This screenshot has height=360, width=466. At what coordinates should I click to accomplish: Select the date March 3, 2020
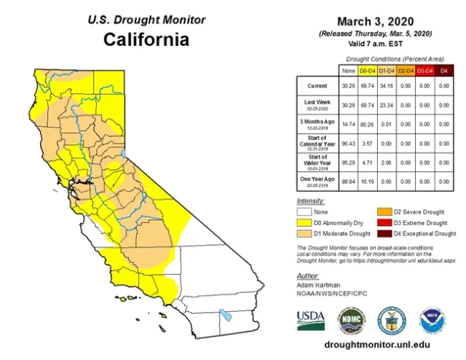(x=376, y=23)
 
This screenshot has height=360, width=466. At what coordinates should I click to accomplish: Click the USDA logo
(x=311, y=318)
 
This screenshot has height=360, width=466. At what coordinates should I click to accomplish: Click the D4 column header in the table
(x=445, y=70)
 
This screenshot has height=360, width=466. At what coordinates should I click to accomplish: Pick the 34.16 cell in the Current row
(x=388, y=86)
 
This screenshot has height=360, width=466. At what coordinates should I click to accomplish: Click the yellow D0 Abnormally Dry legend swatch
(x=305, y=223)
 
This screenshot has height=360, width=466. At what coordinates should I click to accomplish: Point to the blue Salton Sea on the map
(x=227, y=317)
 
